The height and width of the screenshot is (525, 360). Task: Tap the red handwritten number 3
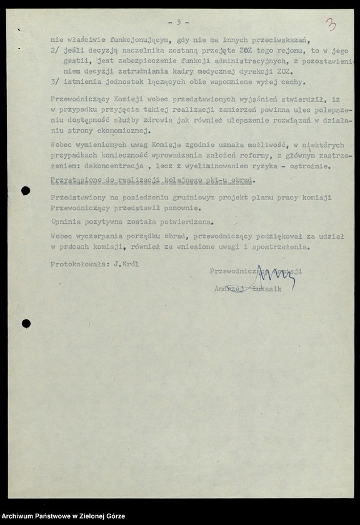click(x=331, y=25)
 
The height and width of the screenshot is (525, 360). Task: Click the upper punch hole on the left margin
click(x=26, y=191)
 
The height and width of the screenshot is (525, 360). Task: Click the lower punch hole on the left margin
click(x=26, y=324)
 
